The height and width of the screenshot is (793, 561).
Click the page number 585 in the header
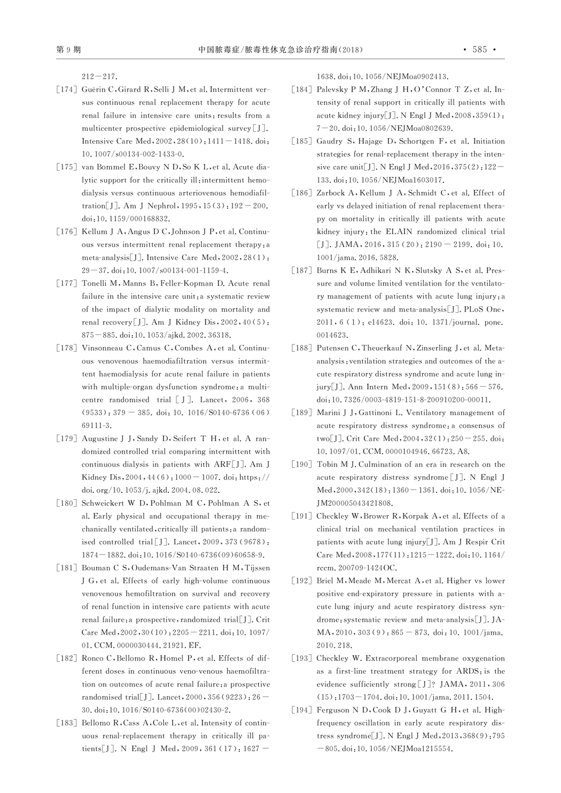[480, 50]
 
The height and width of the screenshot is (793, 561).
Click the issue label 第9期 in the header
[68, 50]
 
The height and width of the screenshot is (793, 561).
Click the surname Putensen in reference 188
[333, 348]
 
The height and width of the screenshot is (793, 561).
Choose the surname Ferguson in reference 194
[333, 710]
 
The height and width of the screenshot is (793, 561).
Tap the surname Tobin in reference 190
[327, 464]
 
